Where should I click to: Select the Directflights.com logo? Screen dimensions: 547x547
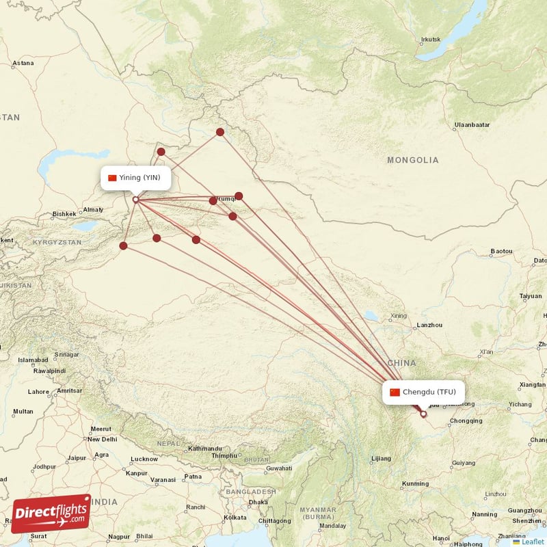51,513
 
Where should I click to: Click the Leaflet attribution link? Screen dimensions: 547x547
532,542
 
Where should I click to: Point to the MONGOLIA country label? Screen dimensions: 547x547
413,160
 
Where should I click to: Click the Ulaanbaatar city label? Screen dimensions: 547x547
472,125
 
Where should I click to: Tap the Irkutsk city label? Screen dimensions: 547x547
431,40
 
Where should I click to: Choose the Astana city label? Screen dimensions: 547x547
23,64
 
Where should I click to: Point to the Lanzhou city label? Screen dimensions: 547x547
430,325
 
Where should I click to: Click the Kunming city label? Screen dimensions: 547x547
416,483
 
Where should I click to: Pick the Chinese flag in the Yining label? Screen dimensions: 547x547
112,178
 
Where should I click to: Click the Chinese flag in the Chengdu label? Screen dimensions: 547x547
395,392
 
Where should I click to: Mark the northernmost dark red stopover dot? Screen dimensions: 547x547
220,132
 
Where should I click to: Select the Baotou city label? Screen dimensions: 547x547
501,252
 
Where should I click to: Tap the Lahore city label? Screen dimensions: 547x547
38,392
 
